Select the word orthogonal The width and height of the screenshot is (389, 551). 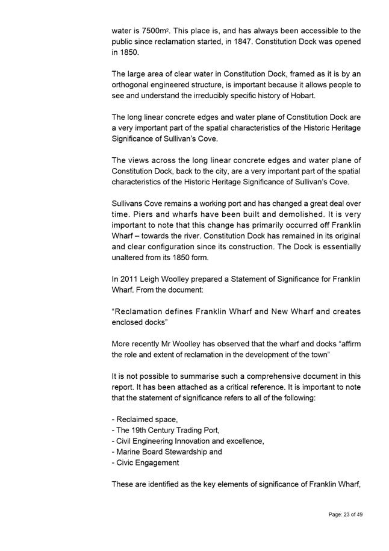coord(132,86)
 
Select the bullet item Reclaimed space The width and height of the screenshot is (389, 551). coord(145,419)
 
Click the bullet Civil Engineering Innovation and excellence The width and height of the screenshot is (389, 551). coord(188,441)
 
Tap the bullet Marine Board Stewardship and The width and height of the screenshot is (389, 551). coord(167,452)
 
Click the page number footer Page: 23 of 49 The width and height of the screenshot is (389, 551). coord(345,514)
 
